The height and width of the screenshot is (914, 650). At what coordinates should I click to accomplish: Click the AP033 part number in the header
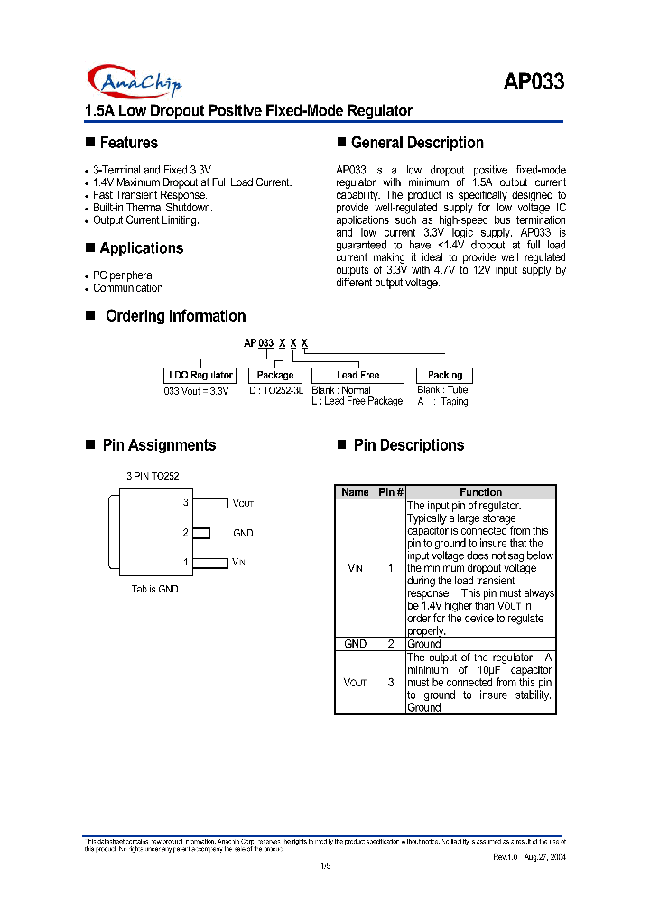pos(534,81)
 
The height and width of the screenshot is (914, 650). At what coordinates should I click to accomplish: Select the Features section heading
pos(128,143)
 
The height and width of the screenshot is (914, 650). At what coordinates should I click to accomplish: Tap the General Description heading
pos(417,143)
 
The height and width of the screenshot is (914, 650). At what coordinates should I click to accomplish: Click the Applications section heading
pos(141,248)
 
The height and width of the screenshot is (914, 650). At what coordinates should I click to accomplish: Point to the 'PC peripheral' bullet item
pos(124,275)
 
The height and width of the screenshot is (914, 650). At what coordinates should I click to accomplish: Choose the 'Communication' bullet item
pos(128,288)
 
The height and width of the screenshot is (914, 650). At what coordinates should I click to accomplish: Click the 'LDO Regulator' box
pos(200,375)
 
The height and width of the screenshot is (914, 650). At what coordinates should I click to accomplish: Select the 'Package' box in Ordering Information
pos(275,375)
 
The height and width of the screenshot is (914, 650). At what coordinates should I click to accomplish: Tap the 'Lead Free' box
pos(357,375)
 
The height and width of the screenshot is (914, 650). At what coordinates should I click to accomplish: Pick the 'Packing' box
pos(444,375)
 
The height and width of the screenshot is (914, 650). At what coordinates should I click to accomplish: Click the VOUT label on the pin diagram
pos(244,503)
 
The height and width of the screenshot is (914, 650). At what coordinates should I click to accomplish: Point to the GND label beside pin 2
pos(244,533)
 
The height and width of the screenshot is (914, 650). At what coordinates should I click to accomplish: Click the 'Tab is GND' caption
pos(155,589)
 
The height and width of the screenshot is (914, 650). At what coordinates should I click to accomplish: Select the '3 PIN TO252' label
pos(159,475)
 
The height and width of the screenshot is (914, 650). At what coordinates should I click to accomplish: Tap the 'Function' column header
pos(480,492)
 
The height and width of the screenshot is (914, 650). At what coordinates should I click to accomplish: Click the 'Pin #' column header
pos(390,492)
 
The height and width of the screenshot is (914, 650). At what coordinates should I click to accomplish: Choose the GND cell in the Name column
pos(356,644)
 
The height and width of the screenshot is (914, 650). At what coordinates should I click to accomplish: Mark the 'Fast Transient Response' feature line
pos(150,195)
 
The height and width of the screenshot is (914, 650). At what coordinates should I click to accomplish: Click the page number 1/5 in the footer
pos(326,867)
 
